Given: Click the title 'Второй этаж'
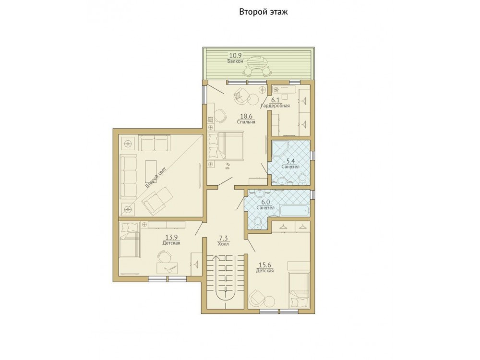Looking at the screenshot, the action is [263, 12].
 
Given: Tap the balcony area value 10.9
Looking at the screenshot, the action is [236, 55].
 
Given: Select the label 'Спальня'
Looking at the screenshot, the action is [246, 121].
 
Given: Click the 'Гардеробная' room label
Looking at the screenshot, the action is [275, 106].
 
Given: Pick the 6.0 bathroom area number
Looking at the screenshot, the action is [265, 202].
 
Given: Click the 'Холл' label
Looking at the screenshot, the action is [224, 244].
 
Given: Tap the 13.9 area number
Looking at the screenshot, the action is [171, 237].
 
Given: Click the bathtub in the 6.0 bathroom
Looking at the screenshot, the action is [295, 211].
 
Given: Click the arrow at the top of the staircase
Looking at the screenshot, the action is [216, 257].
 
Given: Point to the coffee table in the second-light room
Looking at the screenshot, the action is [151, 171].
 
